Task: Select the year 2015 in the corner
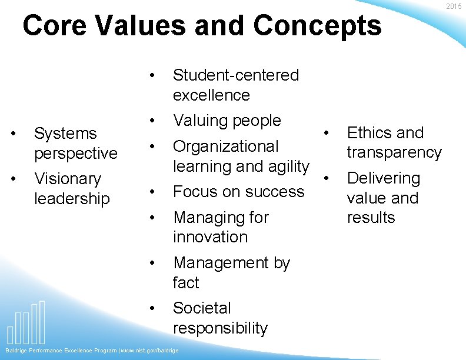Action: (x=454, y=6)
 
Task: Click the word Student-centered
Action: (x=235, y=75)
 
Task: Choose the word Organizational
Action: (x=225, y=146)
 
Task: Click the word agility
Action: (x=287, y=167)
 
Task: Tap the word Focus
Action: (x=195, y=192)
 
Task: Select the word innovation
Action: (x=210, y=237)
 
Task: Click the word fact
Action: (x=186, y=283)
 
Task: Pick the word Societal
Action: (x=202, y=308)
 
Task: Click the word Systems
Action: (x=65, y=134)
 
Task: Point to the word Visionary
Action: (x=68, y=179)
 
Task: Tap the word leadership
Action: (x=72, y=199)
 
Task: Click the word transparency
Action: (x=394, y=153)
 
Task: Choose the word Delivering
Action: (x=384, y=178)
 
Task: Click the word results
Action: (x=371, y=218)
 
